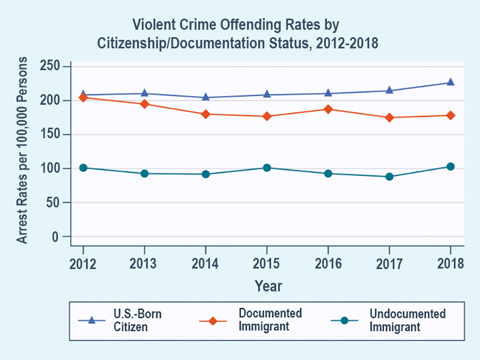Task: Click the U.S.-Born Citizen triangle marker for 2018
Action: coord(450,82)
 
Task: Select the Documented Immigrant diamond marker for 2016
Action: coord(328,109)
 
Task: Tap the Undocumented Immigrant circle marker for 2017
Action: coord(389,177)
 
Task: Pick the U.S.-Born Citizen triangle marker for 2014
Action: coord(206,97)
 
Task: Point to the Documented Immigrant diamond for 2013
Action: coord(144,104)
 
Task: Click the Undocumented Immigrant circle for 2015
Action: coord(267,168)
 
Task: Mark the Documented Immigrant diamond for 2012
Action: coord(83,97)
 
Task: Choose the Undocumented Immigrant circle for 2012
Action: coord(83,168)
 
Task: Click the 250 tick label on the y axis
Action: coord(51,66)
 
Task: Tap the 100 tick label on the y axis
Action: coord(51,169)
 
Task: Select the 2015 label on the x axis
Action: coord(267,264)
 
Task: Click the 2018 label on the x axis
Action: coord(450,264)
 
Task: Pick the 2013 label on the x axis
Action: coord(144,264)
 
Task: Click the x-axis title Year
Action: coord(268,286)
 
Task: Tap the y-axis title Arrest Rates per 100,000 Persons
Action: coord(22,152)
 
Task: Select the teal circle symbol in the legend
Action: coord(344,320)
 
